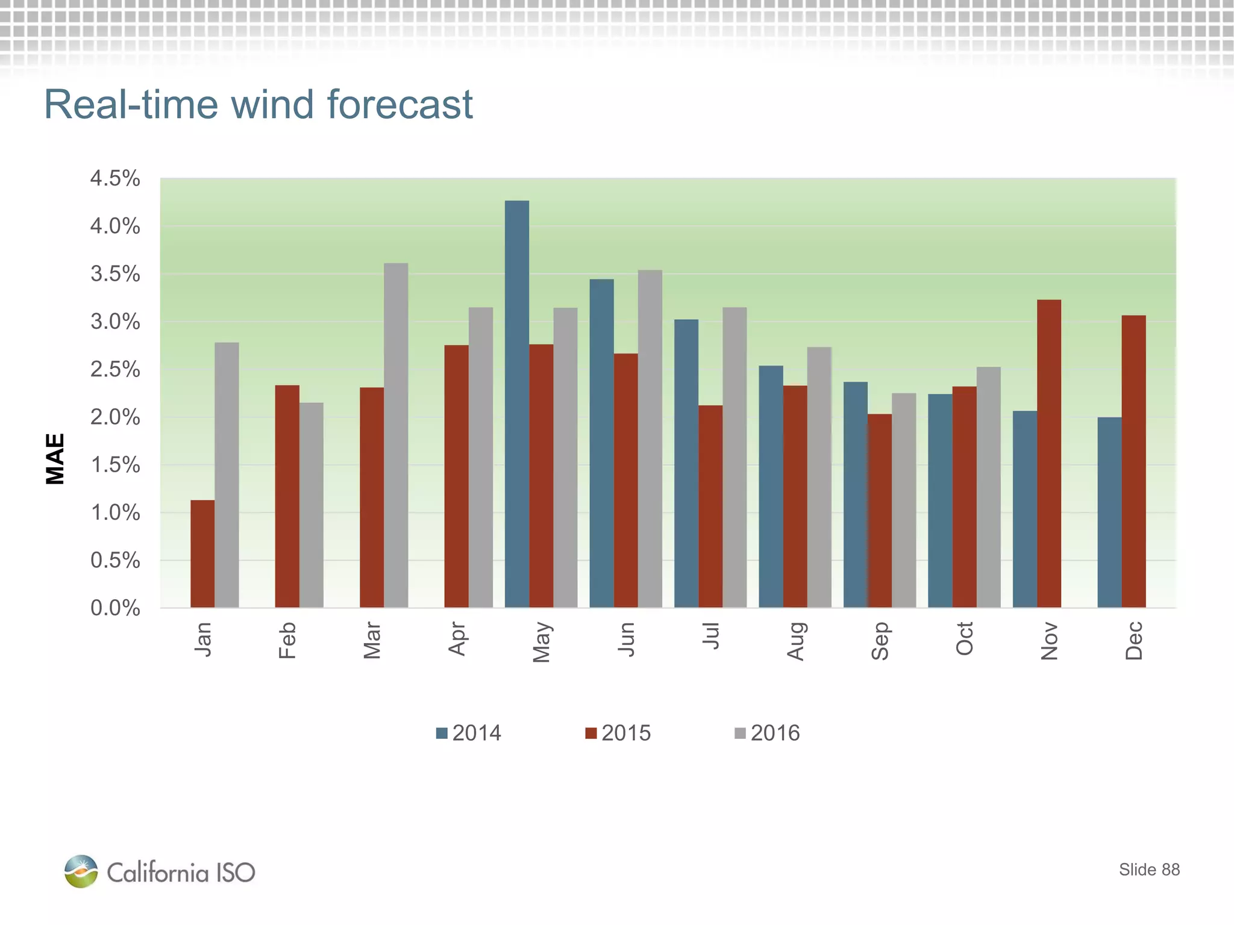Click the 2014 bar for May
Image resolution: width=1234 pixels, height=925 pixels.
517,403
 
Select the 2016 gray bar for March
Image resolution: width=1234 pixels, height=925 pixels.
396,435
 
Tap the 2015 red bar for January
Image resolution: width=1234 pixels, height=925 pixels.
202,553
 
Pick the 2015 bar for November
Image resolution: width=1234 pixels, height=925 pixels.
1049,453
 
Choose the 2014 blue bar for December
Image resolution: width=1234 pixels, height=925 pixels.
1109,512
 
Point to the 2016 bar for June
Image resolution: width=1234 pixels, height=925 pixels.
650,438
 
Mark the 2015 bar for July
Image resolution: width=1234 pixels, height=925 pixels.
710,506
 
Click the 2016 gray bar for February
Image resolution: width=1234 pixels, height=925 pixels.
312,505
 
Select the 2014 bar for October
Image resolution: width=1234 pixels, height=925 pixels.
940,500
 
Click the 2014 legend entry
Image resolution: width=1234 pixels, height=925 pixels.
469,733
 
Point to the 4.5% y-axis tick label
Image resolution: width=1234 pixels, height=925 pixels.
115,178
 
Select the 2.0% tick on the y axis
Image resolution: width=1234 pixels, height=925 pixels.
115,417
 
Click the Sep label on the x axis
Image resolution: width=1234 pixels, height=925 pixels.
880,641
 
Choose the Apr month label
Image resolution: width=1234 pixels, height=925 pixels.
457,639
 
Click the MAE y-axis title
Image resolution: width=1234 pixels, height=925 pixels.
55,459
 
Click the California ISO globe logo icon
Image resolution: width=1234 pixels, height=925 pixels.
81,871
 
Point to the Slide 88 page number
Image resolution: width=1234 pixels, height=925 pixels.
1149,870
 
